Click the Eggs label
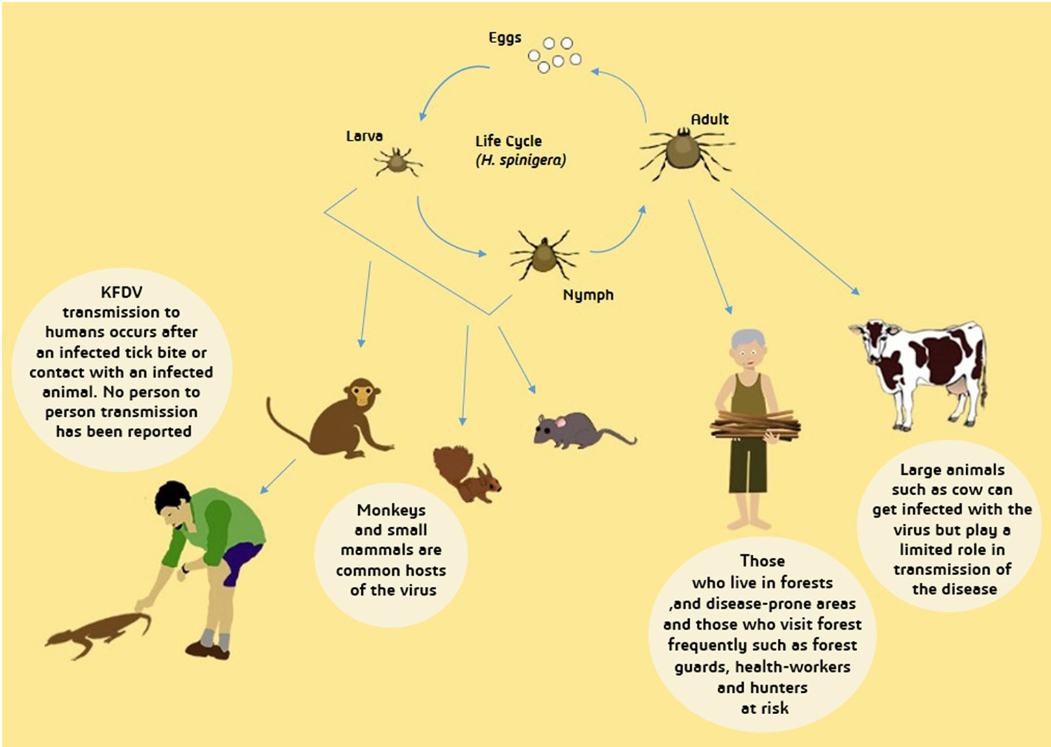505,38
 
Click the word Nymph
588,295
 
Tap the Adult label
709,119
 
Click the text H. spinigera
521,161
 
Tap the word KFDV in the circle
122,292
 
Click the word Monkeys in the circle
391,510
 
